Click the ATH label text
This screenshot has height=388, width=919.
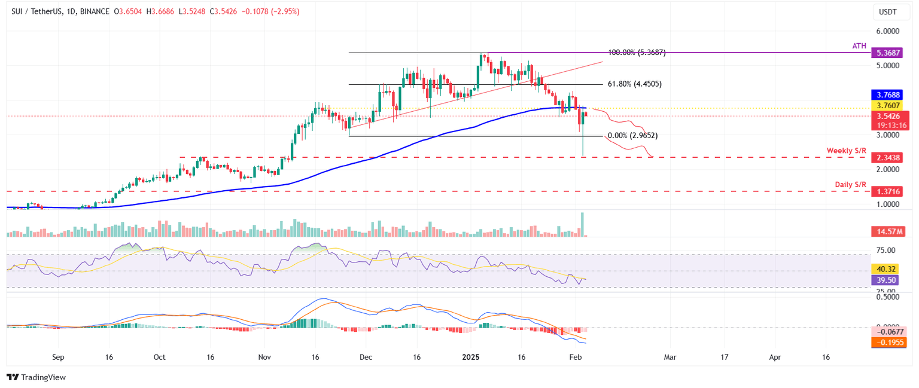(859, 45)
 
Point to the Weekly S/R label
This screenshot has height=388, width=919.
(846, 150)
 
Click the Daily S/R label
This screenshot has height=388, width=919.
(850, 184)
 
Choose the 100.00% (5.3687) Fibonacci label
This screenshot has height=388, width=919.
(636, 53)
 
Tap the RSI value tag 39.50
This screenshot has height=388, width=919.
(885, 279)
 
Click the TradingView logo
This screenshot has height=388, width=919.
(36, 377)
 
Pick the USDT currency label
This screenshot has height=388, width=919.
(887, 11)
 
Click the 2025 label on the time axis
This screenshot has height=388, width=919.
(471, 357)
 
